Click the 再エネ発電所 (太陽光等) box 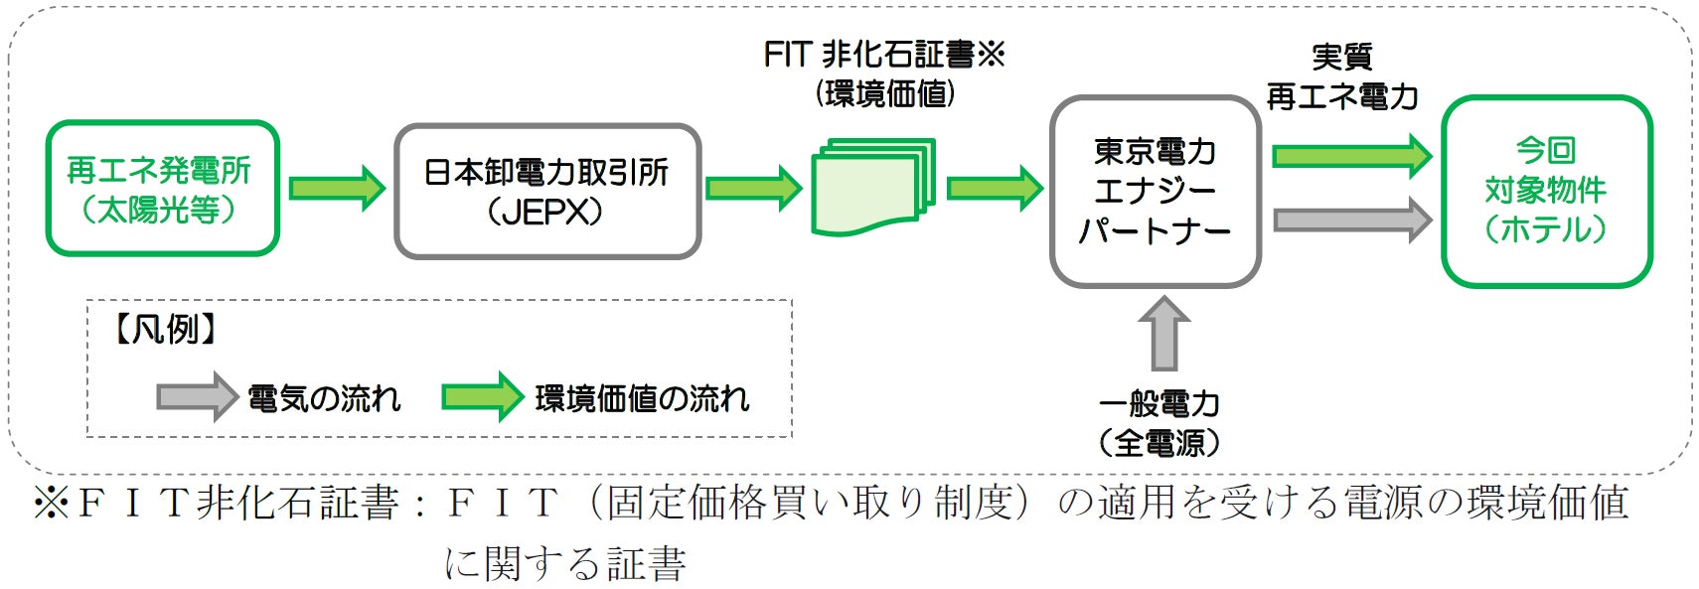162,189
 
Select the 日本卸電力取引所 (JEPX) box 546,191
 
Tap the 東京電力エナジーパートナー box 1155,192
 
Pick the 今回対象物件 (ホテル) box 1545,191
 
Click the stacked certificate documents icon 873,187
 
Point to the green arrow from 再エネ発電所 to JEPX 337,188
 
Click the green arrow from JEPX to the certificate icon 753,188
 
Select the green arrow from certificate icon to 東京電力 994,188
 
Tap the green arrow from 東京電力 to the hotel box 1351,156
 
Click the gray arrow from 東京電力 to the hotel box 1351,219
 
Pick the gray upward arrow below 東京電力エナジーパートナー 1163,334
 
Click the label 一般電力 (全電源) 1159,423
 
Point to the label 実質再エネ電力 1341,76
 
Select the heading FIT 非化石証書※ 884,55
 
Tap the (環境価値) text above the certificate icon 884,94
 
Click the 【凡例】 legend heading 166,329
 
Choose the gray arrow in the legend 197,397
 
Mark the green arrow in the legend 482,397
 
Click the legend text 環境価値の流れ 642,398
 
